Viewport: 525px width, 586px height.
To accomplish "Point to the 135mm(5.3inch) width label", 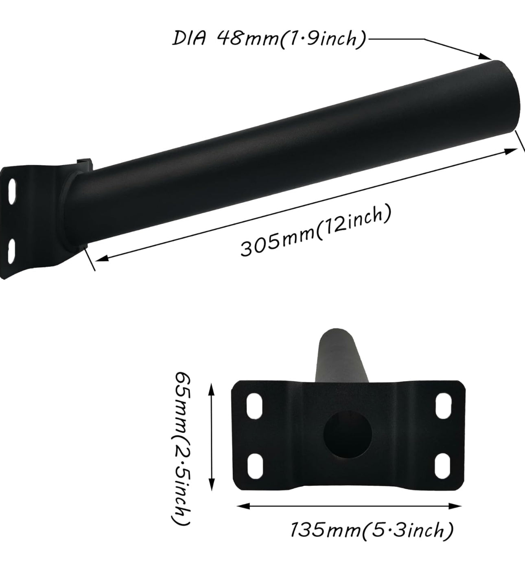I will (x=371, y=530).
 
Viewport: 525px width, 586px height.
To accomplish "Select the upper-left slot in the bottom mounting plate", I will (x=254, y=406).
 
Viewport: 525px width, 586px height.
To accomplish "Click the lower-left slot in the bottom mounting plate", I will (x=254, y=466).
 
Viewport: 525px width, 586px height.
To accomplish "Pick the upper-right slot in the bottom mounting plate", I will (x=442, y=406).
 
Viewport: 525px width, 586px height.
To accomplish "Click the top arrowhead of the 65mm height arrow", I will (x=211, y=388).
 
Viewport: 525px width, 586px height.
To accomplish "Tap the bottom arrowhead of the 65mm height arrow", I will (x=211, y=486).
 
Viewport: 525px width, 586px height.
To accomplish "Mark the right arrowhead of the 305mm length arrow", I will (x=511, y=151).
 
